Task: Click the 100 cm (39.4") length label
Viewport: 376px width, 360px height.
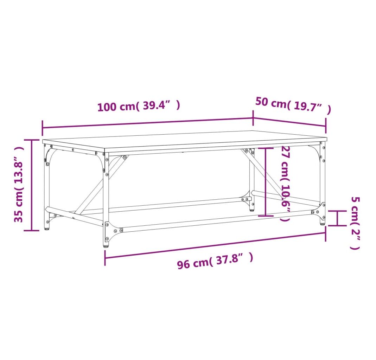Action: pos(139,106)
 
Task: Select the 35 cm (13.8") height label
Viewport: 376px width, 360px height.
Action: pos(19,185)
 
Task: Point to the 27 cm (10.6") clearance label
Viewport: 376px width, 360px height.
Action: pos(286,184)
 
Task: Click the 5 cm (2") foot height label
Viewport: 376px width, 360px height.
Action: pos(355,223)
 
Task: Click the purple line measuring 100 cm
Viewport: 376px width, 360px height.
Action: pos(148,123)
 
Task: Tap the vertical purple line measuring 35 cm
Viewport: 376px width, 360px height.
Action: pos(31,185)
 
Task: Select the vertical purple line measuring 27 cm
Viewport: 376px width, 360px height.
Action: pos(266,182)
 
